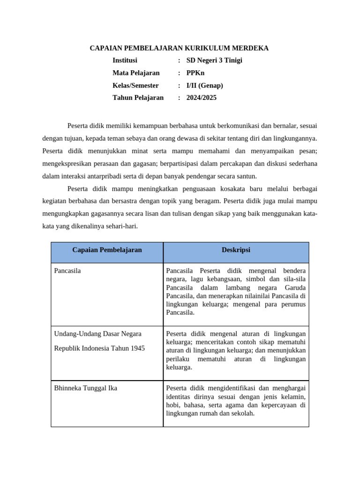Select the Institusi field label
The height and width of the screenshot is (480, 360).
(x=125, y=60)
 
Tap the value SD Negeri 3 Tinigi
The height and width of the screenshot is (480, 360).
(x=214, y=60)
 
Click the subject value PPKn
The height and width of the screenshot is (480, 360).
(x=195, y=73)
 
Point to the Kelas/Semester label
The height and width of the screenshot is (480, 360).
(x=135, y=85)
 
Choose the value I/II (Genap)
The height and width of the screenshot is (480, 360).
(x=205, y=85)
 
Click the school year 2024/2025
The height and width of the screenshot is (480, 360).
(x=202, y=97)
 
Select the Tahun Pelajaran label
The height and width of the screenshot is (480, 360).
(x=138, y=97)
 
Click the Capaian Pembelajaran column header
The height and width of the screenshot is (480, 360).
(x=107, y=250)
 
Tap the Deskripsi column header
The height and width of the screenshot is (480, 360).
(x=236, y=250)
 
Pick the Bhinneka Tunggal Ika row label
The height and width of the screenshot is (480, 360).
(x=86, y=388)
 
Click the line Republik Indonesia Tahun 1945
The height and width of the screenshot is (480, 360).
(x=99, y=348)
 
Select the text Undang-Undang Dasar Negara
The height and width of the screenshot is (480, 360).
(x=97, y=334)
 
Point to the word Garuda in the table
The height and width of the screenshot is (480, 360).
(x=295, y=288)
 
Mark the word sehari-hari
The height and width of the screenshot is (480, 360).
(x=123, y=226)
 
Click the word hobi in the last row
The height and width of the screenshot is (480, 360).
(x=173, y=405)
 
